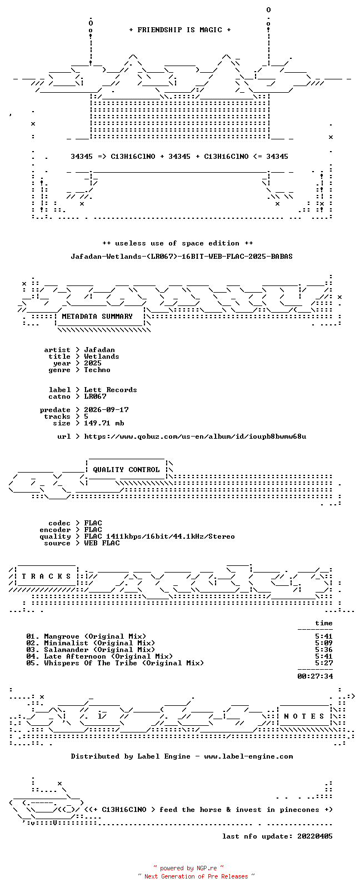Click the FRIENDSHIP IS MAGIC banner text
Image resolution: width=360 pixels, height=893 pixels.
180,30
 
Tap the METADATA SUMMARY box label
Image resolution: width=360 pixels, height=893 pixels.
97,317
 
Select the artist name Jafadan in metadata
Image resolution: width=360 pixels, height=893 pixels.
99,350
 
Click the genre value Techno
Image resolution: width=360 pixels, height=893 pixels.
97,370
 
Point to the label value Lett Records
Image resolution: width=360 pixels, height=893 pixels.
111,390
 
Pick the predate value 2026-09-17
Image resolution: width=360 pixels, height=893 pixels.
106,410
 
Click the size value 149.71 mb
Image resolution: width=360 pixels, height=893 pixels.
104,423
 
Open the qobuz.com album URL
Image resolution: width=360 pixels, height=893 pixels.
195,437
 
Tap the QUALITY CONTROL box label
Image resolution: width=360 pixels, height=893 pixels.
126,470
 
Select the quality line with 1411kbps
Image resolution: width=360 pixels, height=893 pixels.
159,536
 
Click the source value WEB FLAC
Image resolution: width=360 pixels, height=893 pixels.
102,543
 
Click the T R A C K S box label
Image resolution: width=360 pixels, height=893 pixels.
46,576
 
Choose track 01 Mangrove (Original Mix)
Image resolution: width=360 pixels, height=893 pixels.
86,636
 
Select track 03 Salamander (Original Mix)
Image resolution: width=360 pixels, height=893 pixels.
91,650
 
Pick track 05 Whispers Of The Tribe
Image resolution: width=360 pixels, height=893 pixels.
115,664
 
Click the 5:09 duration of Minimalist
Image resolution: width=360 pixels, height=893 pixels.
323,643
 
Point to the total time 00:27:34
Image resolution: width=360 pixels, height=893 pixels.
315,676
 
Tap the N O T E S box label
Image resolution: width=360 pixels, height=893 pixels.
304,716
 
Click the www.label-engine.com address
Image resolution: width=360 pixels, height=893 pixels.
248,756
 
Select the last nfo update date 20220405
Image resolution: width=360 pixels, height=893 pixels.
315,836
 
